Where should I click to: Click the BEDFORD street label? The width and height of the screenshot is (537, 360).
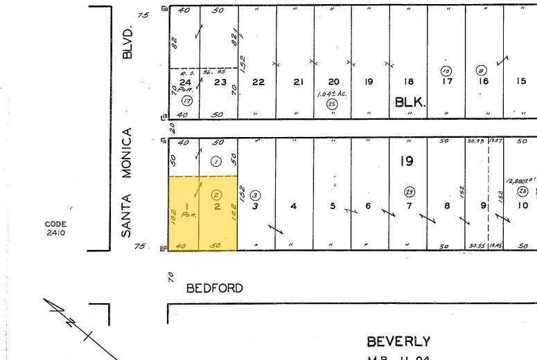(x=215, y=288)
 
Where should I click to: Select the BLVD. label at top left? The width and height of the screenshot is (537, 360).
(x=126, y=43)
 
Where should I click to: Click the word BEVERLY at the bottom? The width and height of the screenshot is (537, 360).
(x=398, y=341)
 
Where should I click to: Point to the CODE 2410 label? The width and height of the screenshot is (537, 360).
(x=55, y=228)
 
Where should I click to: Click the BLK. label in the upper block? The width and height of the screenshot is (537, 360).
(x=410, y=102)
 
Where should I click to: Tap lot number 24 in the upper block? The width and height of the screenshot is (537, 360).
(x=185, y=82)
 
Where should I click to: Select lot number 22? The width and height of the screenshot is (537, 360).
(x=258, y=82)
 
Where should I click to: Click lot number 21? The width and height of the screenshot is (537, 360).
(x=298, y=82)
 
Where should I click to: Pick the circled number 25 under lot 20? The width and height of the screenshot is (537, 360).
(x=332, y=105)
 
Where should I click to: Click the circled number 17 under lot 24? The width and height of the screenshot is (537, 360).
(x=186, y=100)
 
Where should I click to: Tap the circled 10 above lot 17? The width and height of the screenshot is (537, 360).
(x=446, y=71)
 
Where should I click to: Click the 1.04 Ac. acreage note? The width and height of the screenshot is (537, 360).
(x=331, y=93)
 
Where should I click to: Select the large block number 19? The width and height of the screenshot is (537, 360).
(x=406, y=161)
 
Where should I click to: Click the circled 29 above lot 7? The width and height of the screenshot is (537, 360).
(x=409, y=191)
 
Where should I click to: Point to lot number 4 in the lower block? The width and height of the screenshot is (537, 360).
(x=294, y=206)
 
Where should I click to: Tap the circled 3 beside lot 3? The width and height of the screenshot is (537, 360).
(x=255, y=195)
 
